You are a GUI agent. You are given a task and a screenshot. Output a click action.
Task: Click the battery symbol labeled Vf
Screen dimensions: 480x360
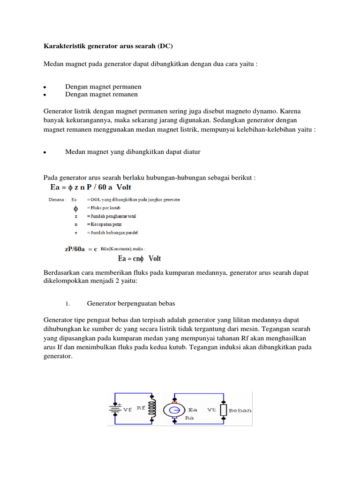115,409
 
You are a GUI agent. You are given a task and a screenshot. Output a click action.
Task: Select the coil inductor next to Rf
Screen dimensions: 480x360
152,409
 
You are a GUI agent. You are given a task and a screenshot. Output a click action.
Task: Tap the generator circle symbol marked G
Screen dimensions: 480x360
173,410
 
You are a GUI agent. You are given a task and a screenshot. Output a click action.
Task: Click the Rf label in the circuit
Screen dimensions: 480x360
141,408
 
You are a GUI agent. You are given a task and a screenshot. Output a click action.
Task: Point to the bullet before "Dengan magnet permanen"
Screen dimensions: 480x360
44,87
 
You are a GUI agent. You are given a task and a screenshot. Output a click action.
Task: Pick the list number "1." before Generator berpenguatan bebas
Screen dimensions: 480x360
67,304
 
